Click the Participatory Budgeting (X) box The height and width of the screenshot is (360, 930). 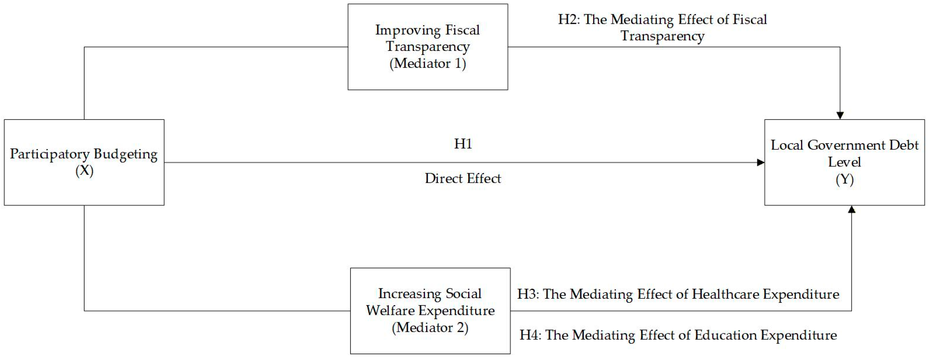tap(84, 162)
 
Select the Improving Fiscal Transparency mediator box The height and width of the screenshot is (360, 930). tap(428, 47)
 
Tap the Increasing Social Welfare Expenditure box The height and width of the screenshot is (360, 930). tap(430, 311)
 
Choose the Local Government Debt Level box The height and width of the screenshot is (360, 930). tap(844, 162)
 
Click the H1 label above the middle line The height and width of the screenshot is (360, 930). tap(463, 144)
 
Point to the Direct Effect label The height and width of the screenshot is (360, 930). tap(463, 178)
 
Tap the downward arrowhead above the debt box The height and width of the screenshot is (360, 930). tap(840, 115)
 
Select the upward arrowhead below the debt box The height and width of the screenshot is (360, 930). tap(851, 209)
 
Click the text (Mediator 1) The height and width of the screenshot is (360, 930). tap(428, 64)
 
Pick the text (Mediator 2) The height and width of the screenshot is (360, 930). tap(430, 328)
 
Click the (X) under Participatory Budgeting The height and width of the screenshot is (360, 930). tap(84, 171)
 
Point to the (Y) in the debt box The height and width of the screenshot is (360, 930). tap(844, 180)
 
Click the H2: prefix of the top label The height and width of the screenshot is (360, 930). tap(569, 19)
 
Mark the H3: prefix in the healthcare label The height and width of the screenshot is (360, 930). tap(528, 294)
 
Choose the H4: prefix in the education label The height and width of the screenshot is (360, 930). tap(530, 335)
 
